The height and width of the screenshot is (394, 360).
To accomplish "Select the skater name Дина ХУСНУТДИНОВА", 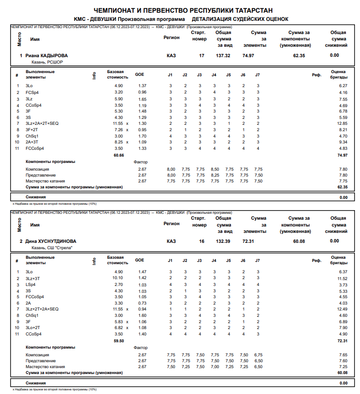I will [x=51, y=241].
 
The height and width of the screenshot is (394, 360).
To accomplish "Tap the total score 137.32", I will [x=223, y=55].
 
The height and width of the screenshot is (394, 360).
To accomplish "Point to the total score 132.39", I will [x=223, y=241].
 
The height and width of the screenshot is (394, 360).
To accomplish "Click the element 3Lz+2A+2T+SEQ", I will [x=42, y=123].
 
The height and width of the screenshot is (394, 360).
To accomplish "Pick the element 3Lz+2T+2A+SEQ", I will [x=42, y=309].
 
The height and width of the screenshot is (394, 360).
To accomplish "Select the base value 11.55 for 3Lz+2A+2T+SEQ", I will [x=118, y=123].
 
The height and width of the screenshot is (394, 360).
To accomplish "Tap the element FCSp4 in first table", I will [x=32, y=92].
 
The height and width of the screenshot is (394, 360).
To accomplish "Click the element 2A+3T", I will [x=32, y=142].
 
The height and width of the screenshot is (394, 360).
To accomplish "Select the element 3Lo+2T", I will [x=33, y=327].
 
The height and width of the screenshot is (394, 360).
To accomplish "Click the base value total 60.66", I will [x=118, y=155].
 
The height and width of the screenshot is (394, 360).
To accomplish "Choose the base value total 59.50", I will [x=118, y=340].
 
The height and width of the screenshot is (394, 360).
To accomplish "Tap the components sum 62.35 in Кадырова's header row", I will [x=299, y=55].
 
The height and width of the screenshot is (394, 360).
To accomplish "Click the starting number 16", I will [x=202, y=241].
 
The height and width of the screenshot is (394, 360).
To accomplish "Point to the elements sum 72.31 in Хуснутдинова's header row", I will [x=248, y=241].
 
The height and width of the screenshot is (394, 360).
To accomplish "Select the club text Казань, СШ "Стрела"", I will [x=52, y=248].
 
